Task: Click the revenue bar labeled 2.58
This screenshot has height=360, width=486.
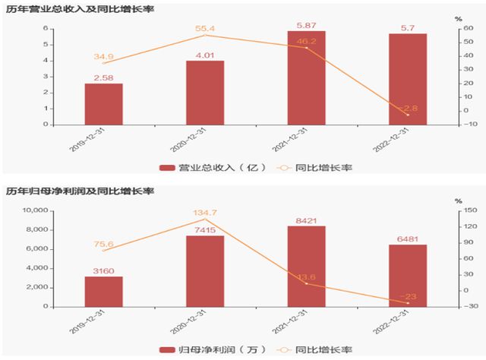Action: pos(103,103)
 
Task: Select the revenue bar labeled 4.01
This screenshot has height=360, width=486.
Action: pos(205,92)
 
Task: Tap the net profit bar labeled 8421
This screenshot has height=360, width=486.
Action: pos(306,267)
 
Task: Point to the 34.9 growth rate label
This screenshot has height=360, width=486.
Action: pos(103,57)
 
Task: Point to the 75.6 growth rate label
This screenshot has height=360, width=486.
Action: pos(103,244)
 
